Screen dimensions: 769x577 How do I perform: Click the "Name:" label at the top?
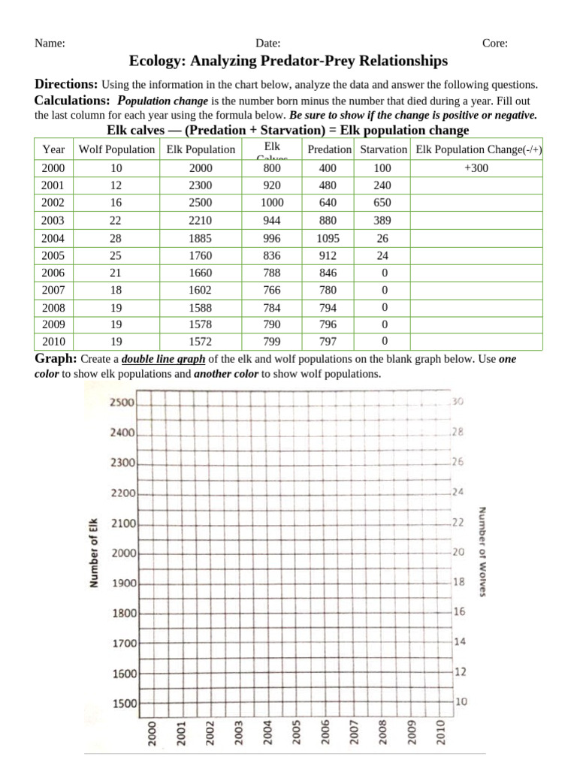pos(50,44)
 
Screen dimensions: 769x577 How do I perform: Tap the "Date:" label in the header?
pos(268,44)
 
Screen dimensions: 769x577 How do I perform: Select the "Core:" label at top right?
pos(494,44)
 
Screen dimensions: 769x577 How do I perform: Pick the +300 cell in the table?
pos(476,168)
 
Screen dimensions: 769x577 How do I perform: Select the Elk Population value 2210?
pos(201,221)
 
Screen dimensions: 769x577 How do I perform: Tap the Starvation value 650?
pos(382,204)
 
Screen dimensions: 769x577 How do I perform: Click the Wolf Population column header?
pos(116,149)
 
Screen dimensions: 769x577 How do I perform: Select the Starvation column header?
pos(383,149)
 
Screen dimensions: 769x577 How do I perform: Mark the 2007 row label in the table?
pos(53,290)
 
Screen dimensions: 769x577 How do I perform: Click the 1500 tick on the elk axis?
pos(124,704)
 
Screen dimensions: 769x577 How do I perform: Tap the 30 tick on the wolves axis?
pos(459,403)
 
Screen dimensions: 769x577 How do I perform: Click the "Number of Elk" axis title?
pos(94,553)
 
